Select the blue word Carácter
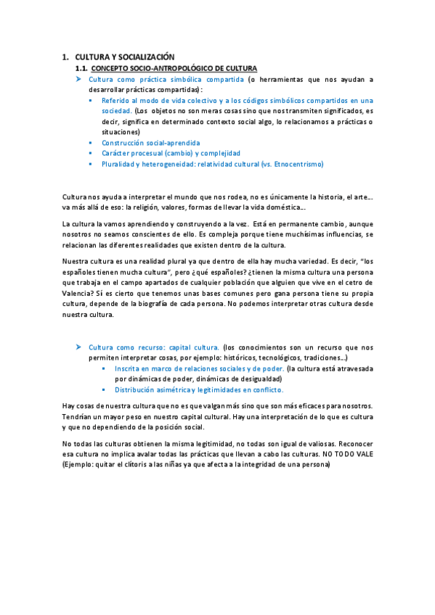(116, 153)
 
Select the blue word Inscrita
(129, 368)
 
